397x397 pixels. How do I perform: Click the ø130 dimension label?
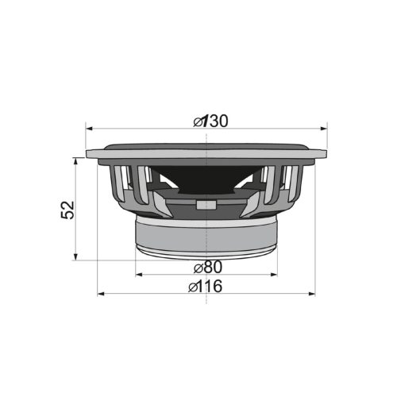pos(210,121)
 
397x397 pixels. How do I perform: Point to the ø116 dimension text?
pos(206,287)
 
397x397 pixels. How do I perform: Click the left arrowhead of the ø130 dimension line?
pos(89,128)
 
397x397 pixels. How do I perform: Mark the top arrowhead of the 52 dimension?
pos(76,160)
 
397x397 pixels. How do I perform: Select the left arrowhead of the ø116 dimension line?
pos(101,295)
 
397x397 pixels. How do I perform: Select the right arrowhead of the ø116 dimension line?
pos(312,295)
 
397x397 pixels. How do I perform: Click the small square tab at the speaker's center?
pos(206,203)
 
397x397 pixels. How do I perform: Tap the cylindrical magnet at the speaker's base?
pos(206,236)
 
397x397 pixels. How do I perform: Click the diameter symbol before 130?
pos(198,121)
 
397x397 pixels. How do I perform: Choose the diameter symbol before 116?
pos(192,287)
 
